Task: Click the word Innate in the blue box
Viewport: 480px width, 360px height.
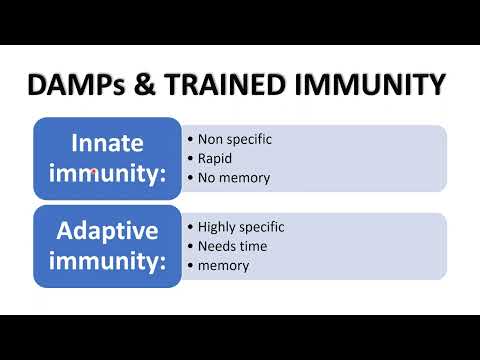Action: coord(107,142)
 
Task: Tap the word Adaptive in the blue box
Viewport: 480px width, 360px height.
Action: coord(107,230)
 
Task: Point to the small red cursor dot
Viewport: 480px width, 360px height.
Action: coord(93,172)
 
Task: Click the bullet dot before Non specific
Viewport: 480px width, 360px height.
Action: coord(189,139)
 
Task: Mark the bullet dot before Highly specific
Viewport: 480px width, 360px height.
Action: coord(189,227)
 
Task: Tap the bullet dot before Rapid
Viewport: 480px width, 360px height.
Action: coord(189,158)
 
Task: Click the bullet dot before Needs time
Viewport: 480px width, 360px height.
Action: coord(189,246)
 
